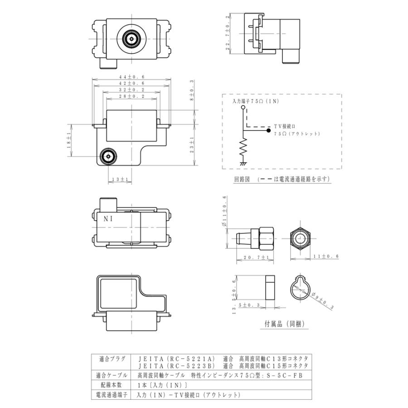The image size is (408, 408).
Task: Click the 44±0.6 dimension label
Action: (131, 77)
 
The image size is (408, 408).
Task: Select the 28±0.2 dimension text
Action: (131, 96)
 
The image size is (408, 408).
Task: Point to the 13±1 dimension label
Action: (120, 180)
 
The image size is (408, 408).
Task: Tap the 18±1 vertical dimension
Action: (69, 140)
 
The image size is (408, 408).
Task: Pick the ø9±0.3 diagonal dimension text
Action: (322, 301)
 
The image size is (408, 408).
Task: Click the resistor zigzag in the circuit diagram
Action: (243, 147)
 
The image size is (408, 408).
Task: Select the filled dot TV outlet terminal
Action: (268, 131)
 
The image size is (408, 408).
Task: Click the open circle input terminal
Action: (243, 107)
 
